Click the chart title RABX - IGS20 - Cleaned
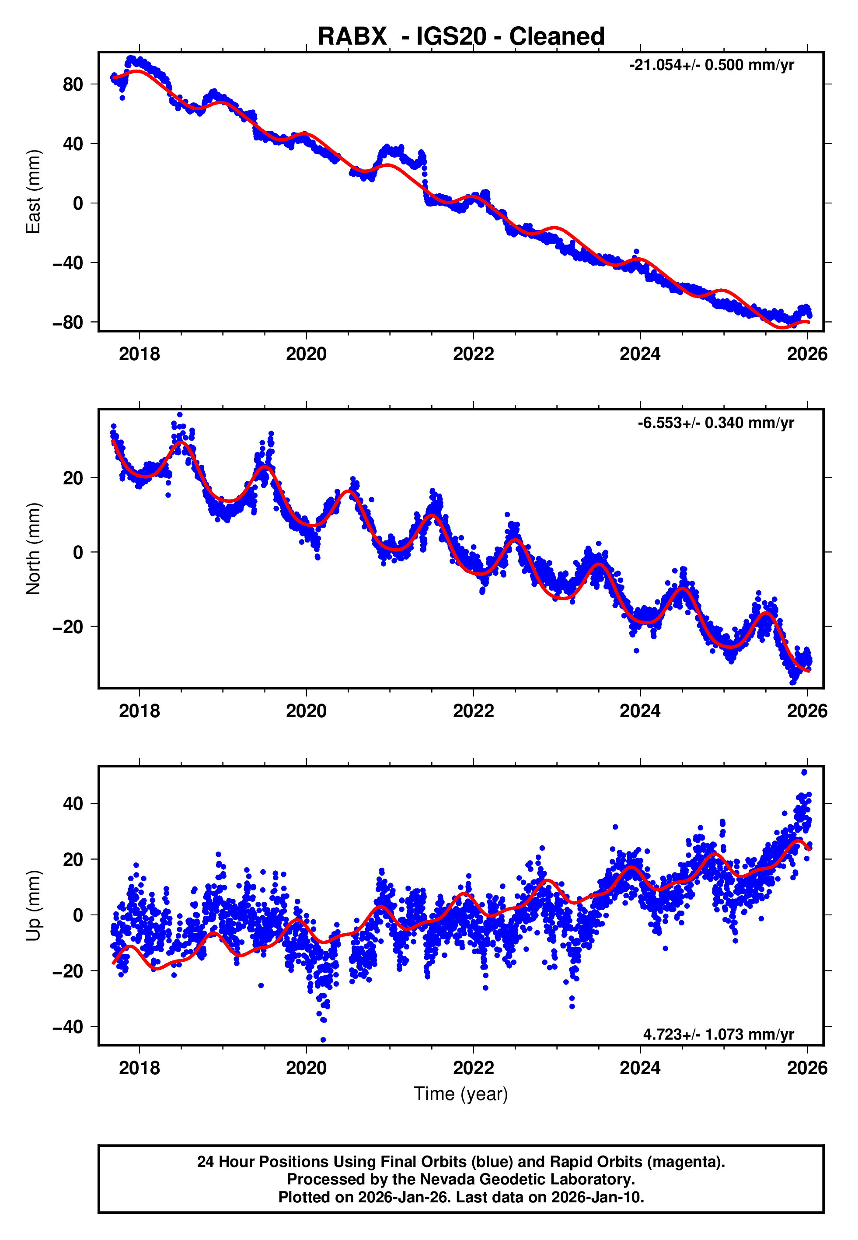click(x=461, y=37)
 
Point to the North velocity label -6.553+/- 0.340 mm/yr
click(x=715, y=423)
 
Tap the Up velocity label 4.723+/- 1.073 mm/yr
click(x=718, y=1034)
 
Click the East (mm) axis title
click(x=33, y=192)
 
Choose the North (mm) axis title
click(x=33, y=549)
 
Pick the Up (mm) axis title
click(x=33, y=906)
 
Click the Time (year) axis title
click(x=461, y=1094)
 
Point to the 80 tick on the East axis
click(x=73, y=84)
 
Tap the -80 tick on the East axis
click(x=68, y=322)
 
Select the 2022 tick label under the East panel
click(x=473, y=354)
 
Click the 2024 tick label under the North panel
click(x=640, y=711)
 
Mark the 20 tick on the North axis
click(x=73, y=478)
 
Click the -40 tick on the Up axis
click(x=68, y=1026)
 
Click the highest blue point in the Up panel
click(x=804, y=772)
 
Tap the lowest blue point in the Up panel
click(x=323, y=1040)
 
